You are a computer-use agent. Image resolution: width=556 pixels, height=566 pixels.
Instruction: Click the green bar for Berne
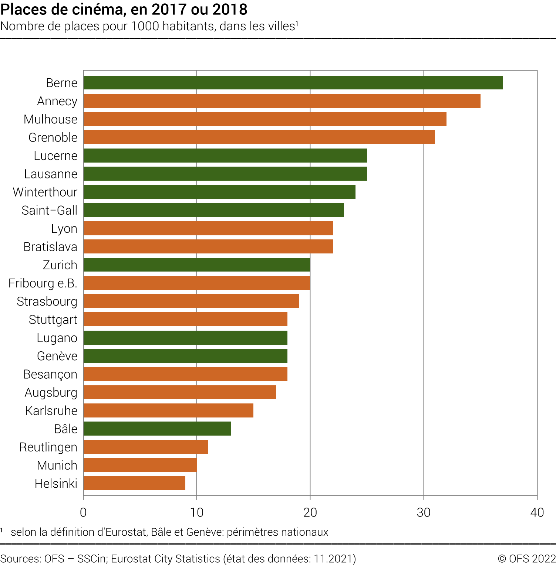point(293,83)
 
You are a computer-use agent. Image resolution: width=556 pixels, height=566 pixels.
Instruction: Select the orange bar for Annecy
point(282,101)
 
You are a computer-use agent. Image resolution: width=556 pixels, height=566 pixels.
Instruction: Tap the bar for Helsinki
point(134,483)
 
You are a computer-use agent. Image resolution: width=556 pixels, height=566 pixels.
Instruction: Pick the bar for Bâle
point(157,429)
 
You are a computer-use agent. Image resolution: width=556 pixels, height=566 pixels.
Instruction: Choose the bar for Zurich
point(197,265)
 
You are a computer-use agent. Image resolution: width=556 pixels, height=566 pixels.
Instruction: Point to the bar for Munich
point(140,465)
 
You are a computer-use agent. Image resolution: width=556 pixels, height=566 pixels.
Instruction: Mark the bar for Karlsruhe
point(168,410)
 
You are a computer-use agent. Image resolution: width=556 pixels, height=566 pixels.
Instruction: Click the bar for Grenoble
point(259,137)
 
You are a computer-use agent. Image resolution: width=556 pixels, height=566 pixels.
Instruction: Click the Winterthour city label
point(45,192)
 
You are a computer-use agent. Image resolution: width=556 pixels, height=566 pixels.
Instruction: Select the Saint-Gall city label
point(50,210)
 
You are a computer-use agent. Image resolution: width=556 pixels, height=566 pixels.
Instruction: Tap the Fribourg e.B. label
point(43,283)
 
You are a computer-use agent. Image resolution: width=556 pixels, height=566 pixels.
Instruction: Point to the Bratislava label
point(50,247)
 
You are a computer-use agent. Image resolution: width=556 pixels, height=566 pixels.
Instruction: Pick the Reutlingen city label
point(48,447)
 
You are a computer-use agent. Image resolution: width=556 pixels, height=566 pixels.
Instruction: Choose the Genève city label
point(57,356)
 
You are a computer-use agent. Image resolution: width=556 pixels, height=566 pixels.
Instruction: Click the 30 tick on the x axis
point(424,512)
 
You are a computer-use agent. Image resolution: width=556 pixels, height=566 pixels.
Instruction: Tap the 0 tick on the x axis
point(83,512)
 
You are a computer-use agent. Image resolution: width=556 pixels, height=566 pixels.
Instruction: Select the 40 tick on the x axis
point(537,512)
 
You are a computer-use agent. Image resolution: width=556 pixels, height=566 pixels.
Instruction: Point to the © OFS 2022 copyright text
point(526,559)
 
